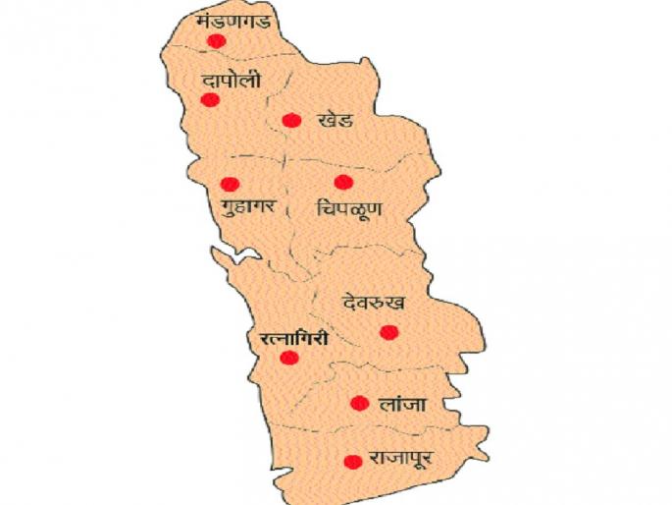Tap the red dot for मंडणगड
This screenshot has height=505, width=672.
(x=216, y=40)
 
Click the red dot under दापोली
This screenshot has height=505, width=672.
(x=209, y=99)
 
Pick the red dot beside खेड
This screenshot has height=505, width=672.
(x=290, y=120)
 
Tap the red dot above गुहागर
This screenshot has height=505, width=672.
(x=230, y=184)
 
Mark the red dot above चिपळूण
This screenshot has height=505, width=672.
(x=342, y=182)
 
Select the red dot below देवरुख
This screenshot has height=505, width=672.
(x=388, y=332)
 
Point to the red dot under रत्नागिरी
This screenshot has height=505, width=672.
(x=288, y=358)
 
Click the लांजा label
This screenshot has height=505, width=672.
(x=402, y=403)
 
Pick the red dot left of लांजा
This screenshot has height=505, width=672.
(x=359, y=403)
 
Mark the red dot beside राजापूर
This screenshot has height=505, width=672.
(x=351, y=461)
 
